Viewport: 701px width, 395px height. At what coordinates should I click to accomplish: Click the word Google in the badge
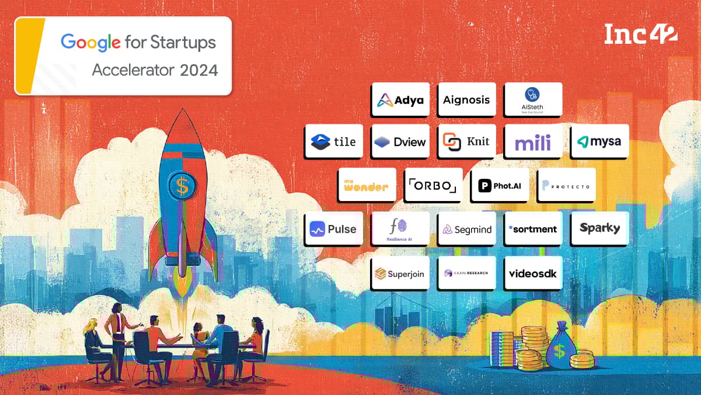pyautogui.click(x=90, y=42)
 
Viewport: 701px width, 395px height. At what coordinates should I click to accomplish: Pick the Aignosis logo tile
pyautogui.click(x=466, y=99)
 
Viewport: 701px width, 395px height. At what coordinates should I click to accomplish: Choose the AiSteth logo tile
pyautogui.click(x=533, y=99)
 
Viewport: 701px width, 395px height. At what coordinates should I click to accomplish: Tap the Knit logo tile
pyautogui.click(x=466, y=141)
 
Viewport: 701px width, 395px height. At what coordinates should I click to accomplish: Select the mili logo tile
pyautogui.click(x=533, y=141)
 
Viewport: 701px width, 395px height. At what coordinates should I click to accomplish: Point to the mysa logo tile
pyautogui.click(x=599, y=141)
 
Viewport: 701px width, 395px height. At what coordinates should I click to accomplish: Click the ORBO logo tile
pyautogui.click(x=433, y=185)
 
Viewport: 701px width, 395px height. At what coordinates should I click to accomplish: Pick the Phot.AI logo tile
pyautogui.click(x=500, y=185)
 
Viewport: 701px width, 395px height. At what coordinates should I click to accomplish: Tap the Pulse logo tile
pyautogui.click(x=333, y=229)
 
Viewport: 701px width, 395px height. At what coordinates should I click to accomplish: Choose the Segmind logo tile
pyautogui.click(x=466, y=229)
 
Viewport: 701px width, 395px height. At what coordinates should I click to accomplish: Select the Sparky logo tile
pyautogui.click(x=599, y=228)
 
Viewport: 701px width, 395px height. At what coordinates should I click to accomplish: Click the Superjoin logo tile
pyautogui.click(x=400, y=273)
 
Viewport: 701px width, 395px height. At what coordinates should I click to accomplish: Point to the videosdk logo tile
pyautogui.click(x=533, y=273)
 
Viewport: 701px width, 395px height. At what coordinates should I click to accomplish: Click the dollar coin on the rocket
pyautogui.click(x=183, y=186)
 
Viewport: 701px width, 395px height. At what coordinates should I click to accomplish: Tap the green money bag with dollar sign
pyautogui.click(x=560, y=348)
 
